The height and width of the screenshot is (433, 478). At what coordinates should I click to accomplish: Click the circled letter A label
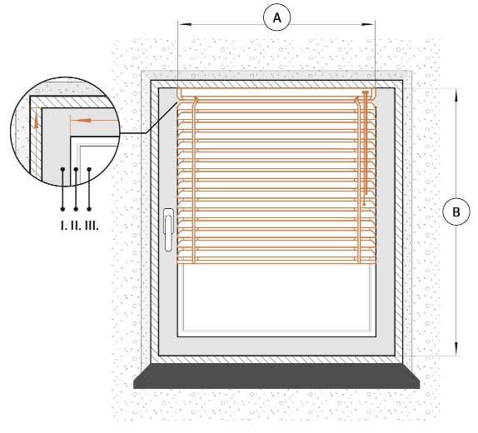[x=276, y=17]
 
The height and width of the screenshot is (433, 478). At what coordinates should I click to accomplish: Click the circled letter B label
[x=456, y=212]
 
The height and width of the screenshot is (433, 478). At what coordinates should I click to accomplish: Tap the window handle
[x=168, y=230]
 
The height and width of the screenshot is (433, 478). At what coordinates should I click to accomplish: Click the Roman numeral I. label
[x=63, y=226]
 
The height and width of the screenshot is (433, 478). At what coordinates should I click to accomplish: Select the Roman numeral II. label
[x=76, y=226]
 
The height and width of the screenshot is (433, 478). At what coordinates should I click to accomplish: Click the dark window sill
[x=276, y=376]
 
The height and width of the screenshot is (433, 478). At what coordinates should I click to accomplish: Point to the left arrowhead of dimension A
[x=185, y=24]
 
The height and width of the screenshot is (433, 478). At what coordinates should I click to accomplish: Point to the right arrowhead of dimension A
[x=368, y=24]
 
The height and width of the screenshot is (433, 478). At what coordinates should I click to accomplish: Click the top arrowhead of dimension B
[x=456, y=95]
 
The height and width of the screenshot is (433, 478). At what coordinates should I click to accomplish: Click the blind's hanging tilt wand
[x=366, y=147]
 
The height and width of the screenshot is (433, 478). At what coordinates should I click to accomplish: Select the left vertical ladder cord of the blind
[x=194, y=180]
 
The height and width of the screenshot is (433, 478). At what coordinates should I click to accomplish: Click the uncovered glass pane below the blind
[x=276, y=296]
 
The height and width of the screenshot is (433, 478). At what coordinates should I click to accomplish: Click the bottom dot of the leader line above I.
[x=62, y=209]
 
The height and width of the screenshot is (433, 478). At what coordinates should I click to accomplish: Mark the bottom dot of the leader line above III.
[x=89, y=209]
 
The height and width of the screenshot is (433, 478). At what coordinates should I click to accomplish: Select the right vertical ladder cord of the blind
[x=359, y=180]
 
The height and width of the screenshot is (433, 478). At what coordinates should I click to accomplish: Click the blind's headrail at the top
[x=276, y=93]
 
